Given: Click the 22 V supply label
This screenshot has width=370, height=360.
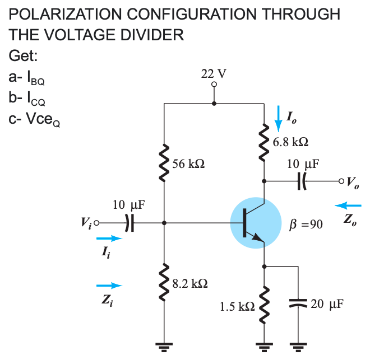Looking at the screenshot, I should pyautogui.click(x=214, y=74).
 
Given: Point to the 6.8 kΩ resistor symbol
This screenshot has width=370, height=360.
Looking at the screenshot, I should pyautogui.click(x=263, y=141).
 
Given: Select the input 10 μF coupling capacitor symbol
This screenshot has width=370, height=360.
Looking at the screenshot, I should pyautogui.click(x=129, y=222).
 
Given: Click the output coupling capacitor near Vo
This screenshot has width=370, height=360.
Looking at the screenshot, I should pyautogui.click(x=303, y=181).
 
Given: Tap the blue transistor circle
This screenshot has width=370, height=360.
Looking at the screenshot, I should pyautogui.click(x=256, y=222).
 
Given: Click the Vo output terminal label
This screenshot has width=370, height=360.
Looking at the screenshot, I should pyautogui.click(x=353, y=181).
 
